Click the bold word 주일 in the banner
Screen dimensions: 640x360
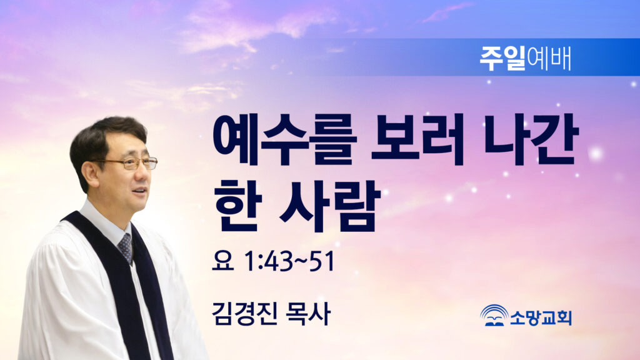pos(502,58)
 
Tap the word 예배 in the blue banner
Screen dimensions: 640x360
pos(549,59)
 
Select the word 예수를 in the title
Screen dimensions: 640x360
pos(284,139)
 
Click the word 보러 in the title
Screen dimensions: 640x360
pos(417,139)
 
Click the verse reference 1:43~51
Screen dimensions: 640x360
pos(289,261)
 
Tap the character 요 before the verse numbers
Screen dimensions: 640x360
pos(223,261)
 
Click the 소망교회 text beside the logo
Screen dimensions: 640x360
pos(541,317)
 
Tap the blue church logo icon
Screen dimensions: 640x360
pos(494,316)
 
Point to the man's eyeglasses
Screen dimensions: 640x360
pos(130,163)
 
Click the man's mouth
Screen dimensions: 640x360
pos(140,190)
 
